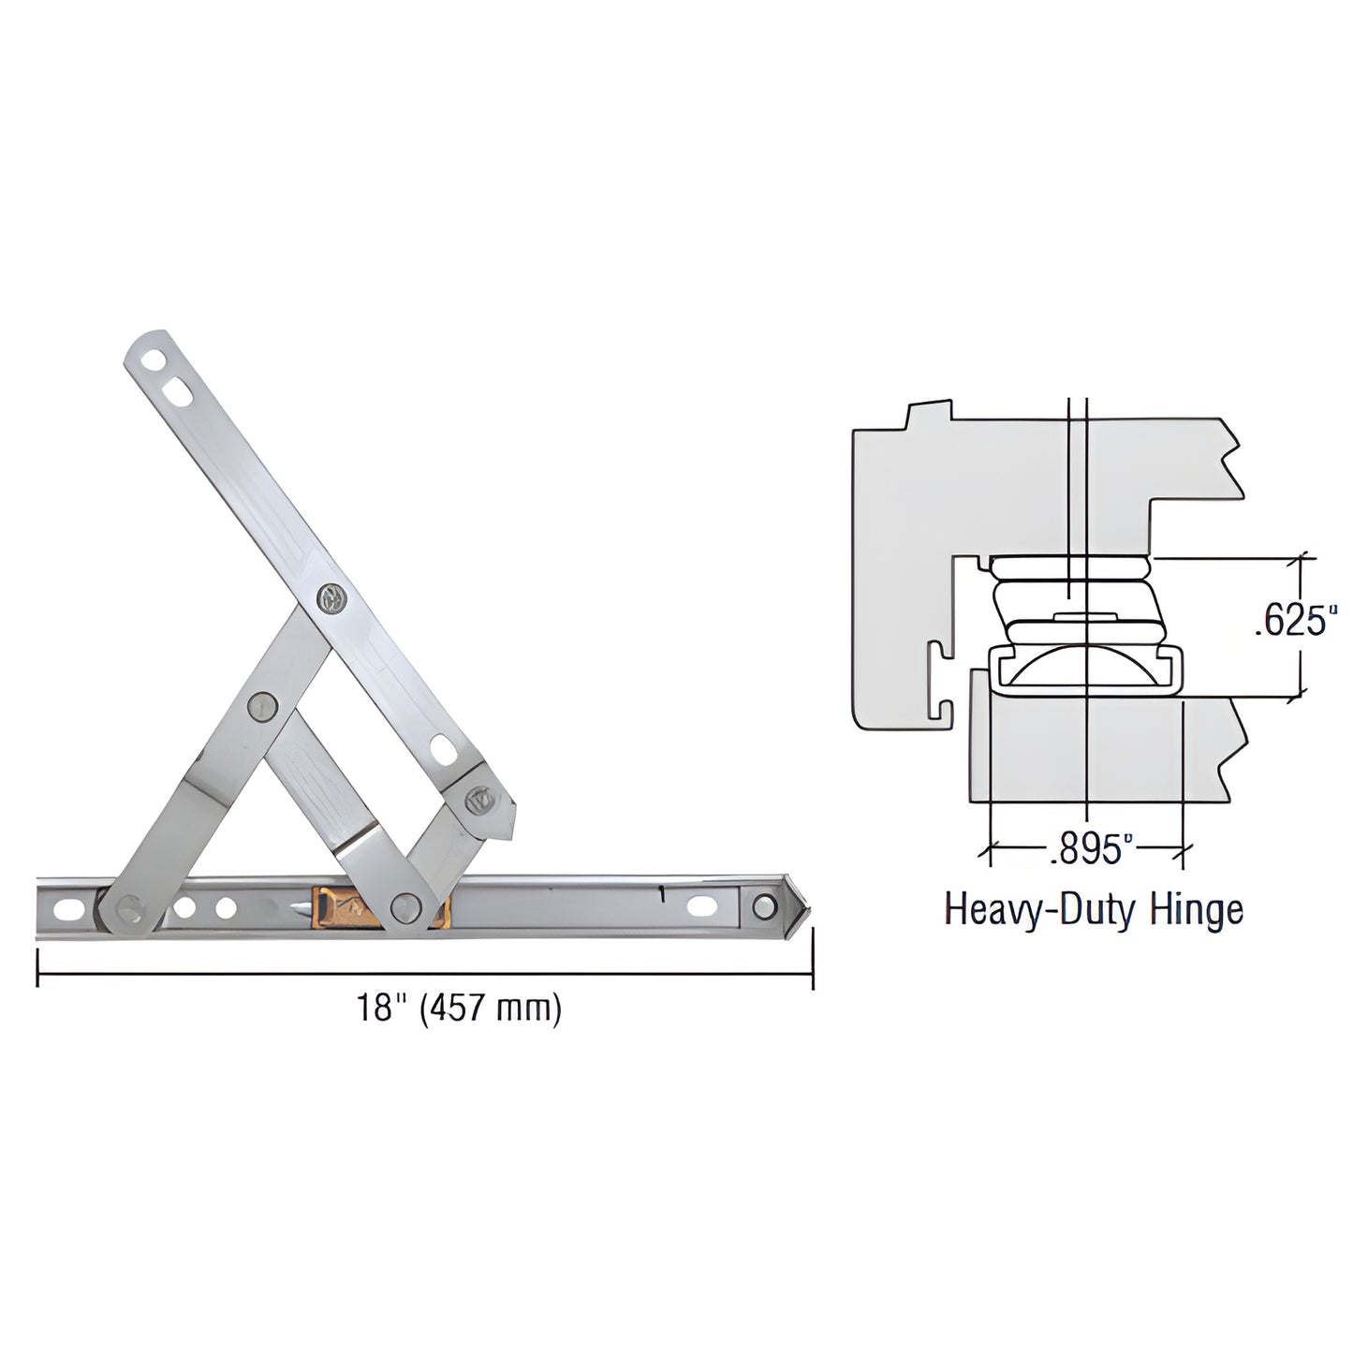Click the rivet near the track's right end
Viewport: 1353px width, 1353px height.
[765, 906]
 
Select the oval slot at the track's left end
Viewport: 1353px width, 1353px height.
[69, 907]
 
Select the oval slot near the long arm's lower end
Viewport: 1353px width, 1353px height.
[442, 748]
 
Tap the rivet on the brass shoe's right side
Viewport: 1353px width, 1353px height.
[404, 905]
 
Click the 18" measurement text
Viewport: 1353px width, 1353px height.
[375, 1009]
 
